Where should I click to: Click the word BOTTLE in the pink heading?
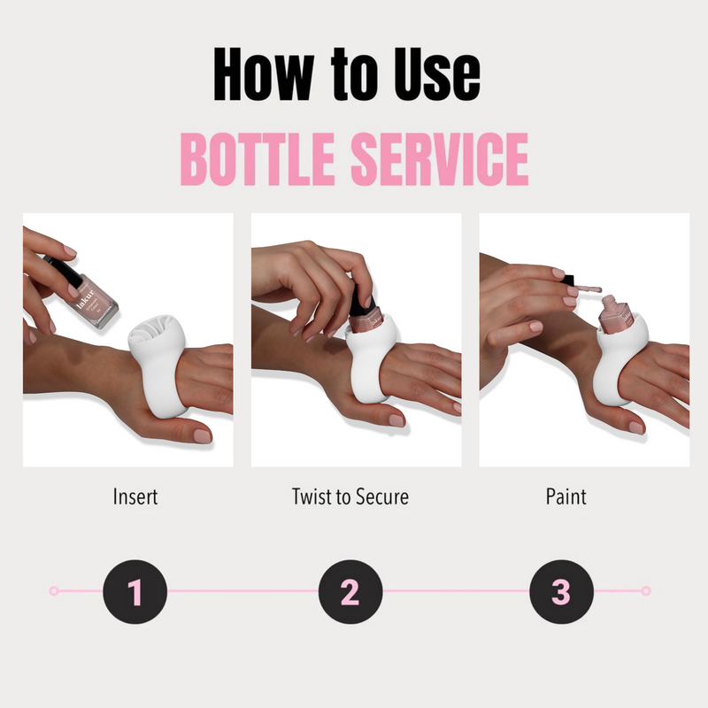tap(258, 160)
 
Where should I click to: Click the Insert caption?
tap(135, 496)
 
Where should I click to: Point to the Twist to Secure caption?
tap(350, 496)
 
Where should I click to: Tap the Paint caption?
tap(566, 496)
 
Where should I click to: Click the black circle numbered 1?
tap(135, 591)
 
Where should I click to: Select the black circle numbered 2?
tap(350, 591)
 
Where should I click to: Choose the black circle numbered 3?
tap(561, 591)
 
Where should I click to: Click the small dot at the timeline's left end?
tap(54, 590)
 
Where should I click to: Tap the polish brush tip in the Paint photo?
tap(594, 289)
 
